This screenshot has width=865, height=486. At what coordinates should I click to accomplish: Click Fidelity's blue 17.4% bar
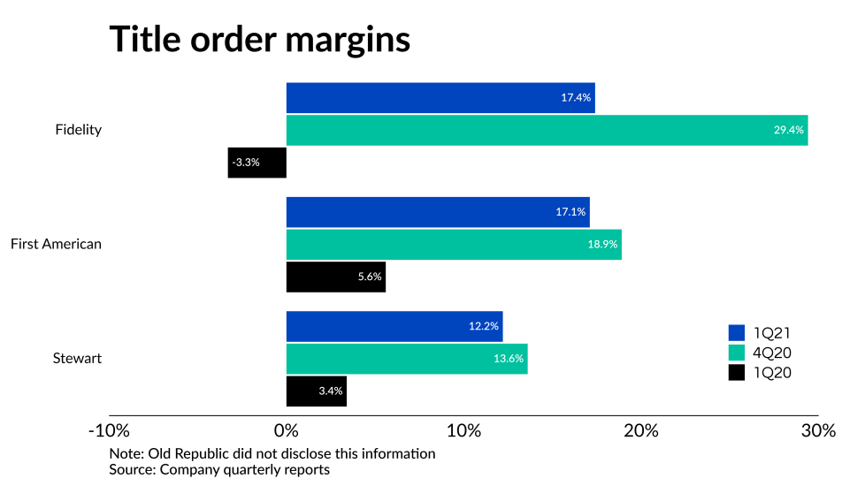click(x=440, y=98)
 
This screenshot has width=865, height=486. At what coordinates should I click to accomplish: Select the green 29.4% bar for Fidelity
click(x=547, y=130)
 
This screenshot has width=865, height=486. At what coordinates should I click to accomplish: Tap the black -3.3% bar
click(x=256, y=163)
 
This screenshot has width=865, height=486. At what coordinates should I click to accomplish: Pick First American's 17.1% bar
click(x=438, y=212)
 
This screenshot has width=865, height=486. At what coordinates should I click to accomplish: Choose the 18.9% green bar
click(x=454, y=244)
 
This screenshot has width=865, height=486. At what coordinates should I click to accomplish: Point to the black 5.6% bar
click(x=335, y=277)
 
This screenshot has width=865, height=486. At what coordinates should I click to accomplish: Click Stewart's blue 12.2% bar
click(x=394, y=326)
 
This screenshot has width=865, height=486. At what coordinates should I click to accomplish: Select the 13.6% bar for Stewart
click(x=407, y=359)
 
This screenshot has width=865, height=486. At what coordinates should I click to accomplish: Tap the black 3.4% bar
click(x=316, y=391)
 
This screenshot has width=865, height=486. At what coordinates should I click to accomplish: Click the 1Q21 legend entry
click(x=759, y=333)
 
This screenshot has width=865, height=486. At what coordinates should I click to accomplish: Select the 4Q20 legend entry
click(x=759, y=353)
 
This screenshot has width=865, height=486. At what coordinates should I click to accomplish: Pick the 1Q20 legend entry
click(x=759, y=373)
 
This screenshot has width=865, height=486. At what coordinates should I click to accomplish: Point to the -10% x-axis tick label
click(x=109, y=431)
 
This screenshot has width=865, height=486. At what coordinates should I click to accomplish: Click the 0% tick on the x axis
click(x=287, y=431)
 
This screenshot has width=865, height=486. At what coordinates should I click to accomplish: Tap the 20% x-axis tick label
click(x=641, y=431)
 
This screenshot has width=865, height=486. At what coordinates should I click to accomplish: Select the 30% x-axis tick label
click(x=818, y=431)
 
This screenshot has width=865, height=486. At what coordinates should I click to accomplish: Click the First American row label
click(x=56, y=244)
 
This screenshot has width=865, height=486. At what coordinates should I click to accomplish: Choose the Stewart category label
click(x=77, y=359)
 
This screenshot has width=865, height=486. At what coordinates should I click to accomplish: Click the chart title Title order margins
click(x=259, y=40)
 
